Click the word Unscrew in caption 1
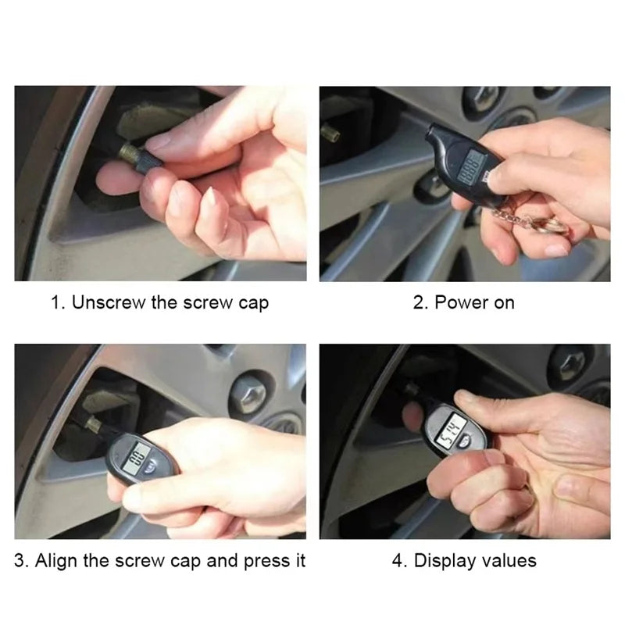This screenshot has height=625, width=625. (107, 302)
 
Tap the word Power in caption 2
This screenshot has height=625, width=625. (461, 302)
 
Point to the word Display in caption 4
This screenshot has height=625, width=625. (448, 560)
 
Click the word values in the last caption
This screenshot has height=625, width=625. (510, 560)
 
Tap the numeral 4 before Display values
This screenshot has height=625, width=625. (397, 560)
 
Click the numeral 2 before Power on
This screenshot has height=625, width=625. (418, 302)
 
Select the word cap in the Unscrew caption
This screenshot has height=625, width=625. (252, 302)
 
